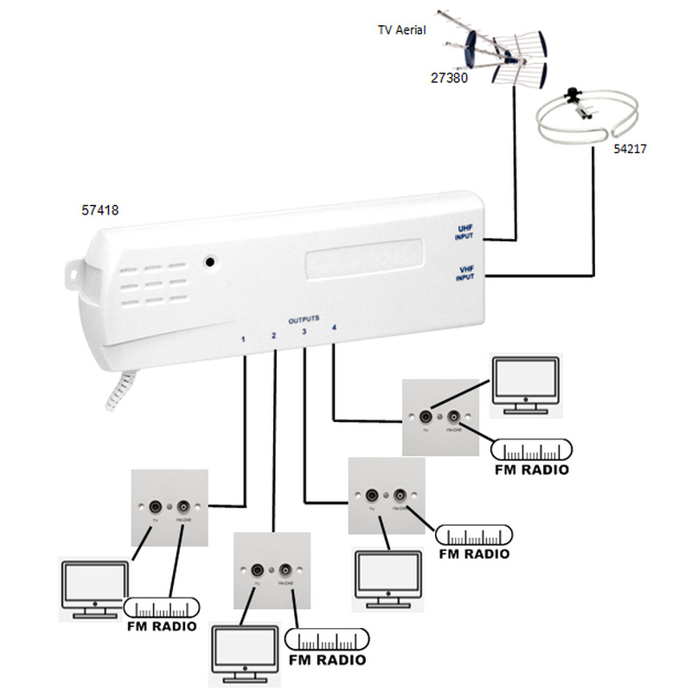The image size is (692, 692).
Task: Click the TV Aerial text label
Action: pos(400,29)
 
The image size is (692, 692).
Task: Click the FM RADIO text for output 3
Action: pos(473,554)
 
